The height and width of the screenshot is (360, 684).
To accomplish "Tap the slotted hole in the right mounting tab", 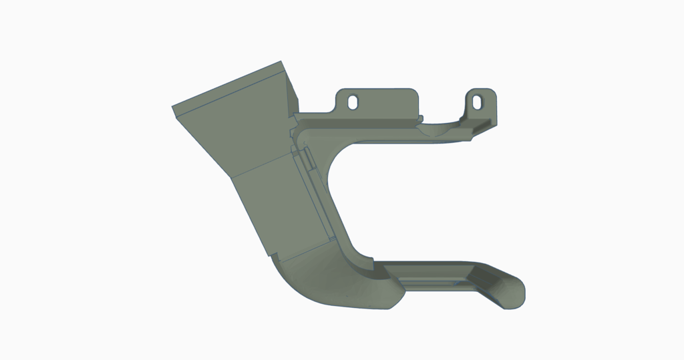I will tap(478, 101).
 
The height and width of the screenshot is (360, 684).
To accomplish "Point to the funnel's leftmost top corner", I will tap(174, 108).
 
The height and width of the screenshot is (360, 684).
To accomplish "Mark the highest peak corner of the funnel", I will tap(281, 62).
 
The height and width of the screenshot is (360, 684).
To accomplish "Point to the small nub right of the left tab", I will tap(421, 119).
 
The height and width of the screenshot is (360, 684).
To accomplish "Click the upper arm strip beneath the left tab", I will tap(361, 120).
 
